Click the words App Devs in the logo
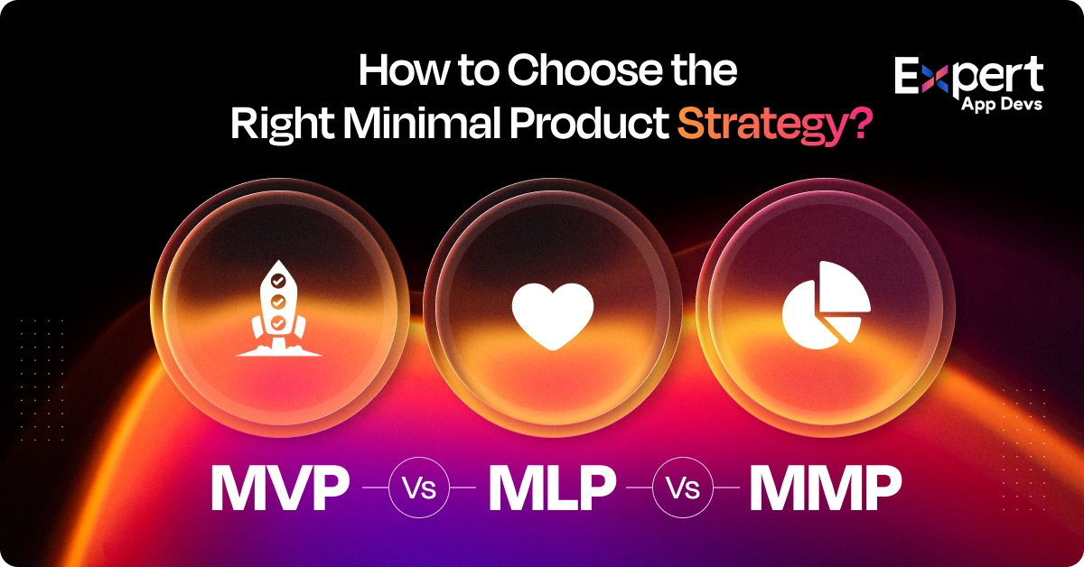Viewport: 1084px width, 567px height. tap(1003, 107)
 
